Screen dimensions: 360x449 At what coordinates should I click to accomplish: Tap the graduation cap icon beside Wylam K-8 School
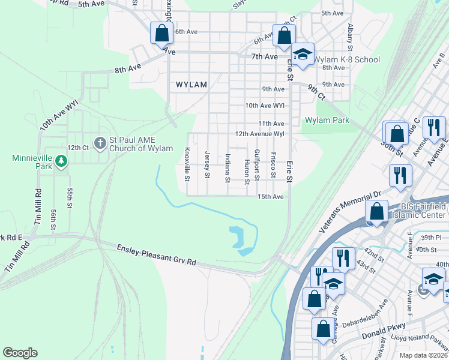click(304, 55)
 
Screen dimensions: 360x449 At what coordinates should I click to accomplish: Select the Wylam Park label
click(327, 120)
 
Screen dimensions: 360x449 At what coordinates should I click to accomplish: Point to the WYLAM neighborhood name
click(191, 85)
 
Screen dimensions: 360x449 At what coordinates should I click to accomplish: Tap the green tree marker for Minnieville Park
click(61, 161)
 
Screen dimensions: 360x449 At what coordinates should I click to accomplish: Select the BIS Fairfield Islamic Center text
click(420, 210)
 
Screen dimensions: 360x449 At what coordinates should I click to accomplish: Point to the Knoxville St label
click(187, 164)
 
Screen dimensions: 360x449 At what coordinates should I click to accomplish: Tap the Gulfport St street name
click(256, 165)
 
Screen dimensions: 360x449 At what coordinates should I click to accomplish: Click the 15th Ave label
click(270, 197)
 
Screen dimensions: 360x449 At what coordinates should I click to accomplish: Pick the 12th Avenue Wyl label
click(259, 134)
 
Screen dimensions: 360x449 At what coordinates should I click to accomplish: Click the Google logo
click(20, 353)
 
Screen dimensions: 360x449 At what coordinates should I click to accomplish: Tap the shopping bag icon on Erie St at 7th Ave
click(283, 35)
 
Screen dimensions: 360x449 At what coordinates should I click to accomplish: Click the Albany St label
click(349, 37)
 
